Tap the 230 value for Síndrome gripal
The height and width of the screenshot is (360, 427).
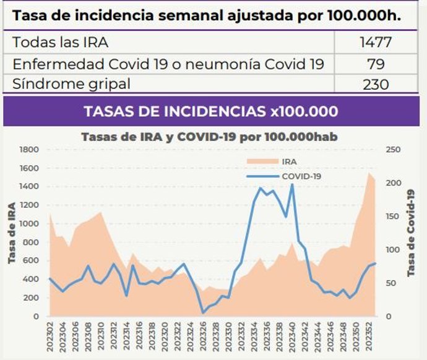coord(376,84)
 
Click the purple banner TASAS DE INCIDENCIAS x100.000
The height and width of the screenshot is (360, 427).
coord(210,111)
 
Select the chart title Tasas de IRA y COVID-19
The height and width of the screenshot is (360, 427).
coord(209,137)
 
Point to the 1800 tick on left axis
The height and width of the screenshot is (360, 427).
coord(30,150)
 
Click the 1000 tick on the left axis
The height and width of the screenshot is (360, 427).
coord(30,224)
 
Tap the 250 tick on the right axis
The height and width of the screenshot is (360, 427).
coord(392,150)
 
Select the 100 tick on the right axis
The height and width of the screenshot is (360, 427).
coord(392,250)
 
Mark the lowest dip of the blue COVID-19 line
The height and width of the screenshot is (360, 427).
coord(203,312)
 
